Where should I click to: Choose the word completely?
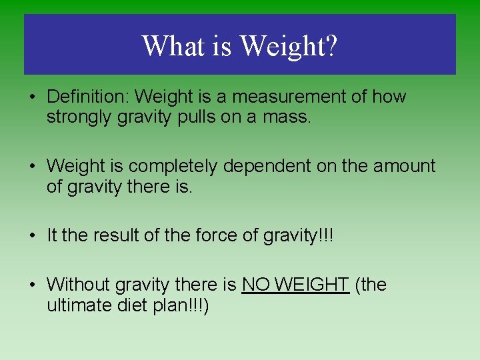173,166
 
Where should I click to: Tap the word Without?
79,285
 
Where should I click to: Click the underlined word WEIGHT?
311,285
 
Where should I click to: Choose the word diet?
125,306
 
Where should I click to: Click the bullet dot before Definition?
33,97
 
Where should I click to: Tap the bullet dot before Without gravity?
33,285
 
